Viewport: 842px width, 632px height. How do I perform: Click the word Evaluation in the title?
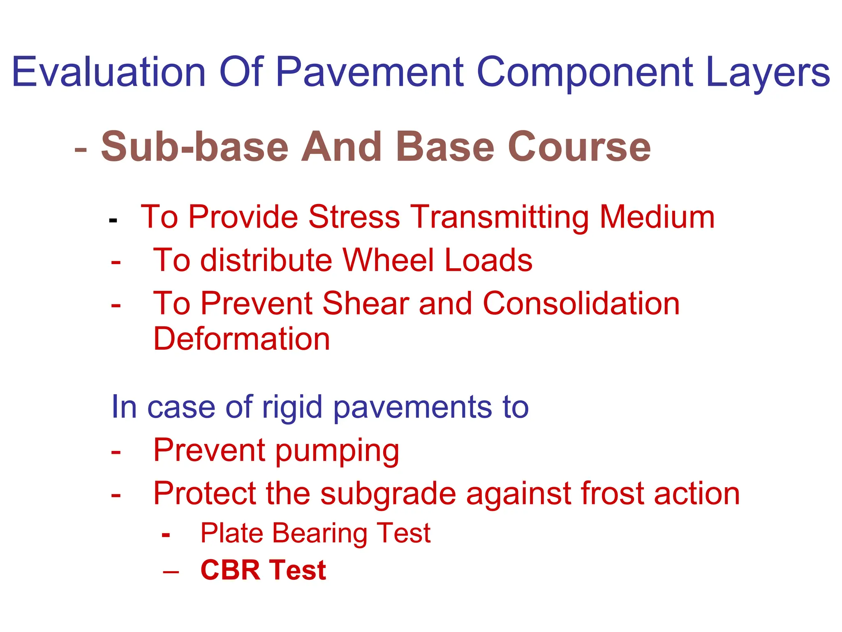tap(109, 72)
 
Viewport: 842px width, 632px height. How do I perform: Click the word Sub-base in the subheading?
tap(194, 147)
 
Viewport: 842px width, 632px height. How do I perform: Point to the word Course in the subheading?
tap(579, 147)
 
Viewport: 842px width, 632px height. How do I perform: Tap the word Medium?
tap(657, 217)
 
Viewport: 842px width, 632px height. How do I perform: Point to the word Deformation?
tap(241, 339)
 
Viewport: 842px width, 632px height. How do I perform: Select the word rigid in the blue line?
tap(292, 407)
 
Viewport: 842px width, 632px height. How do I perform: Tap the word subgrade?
tap(388, 494)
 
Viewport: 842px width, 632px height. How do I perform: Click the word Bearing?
tap(320, 534)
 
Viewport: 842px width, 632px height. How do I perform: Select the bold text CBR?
tap(230, 570)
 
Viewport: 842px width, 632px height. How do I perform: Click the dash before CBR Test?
tap(171, 572)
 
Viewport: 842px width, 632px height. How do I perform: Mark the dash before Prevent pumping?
tap(116, 452)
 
